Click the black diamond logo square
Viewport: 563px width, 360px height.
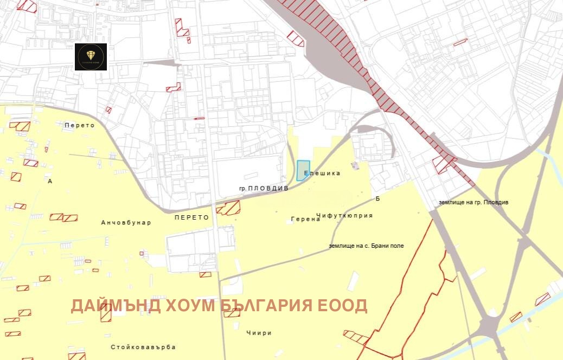(91, 56)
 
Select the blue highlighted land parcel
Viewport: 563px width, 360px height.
(303, 170)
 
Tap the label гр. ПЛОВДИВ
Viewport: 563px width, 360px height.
(264, 188)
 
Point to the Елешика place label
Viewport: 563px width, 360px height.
(322, 173)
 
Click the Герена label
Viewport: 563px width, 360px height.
(305, 220)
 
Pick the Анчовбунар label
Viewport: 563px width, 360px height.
(126, 222)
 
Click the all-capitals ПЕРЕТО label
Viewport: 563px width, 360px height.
(192, 217)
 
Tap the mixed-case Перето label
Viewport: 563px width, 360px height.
(79, 125)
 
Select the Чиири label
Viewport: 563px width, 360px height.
(258, 333)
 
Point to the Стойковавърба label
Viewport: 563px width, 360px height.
(143, 347)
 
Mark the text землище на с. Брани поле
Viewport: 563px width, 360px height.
(366, 246)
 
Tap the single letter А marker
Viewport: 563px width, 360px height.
(50, 181)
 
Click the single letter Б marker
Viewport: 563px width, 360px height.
(378, 199)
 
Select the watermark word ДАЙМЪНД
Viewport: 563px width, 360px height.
(116, 305)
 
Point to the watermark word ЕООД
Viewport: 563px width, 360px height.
(343, 305)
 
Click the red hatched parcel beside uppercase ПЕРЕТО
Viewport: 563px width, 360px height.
(230, 208)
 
